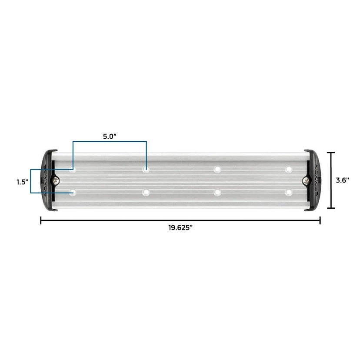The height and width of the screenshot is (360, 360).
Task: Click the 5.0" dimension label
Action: [110, 136]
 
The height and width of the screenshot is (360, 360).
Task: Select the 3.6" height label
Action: [343, 180]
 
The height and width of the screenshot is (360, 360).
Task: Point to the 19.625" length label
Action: [180, 229]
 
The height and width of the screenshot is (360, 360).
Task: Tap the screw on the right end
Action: [306, 180]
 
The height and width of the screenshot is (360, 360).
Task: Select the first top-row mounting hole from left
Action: [73, 169]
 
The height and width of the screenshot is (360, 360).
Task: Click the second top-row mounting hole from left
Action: [146, 169]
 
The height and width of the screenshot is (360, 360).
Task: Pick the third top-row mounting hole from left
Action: [217, 169]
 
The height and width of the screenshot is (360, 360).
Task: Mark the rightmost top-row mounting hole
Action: [288, 169]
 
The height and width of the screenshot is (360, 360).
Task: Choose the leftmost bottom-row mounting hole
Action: [73, 192]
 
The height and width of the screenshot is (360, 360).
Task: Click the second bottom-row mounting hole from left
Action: [146, 192]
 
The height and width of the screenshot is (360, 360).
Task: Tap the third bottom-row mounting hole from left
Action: [217, 192]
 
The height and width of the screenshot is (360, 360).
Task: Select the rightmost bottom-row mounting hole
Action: [288, 192]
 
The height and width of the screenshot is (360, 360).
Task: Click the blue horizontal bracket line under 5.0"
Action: [110, 141]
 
